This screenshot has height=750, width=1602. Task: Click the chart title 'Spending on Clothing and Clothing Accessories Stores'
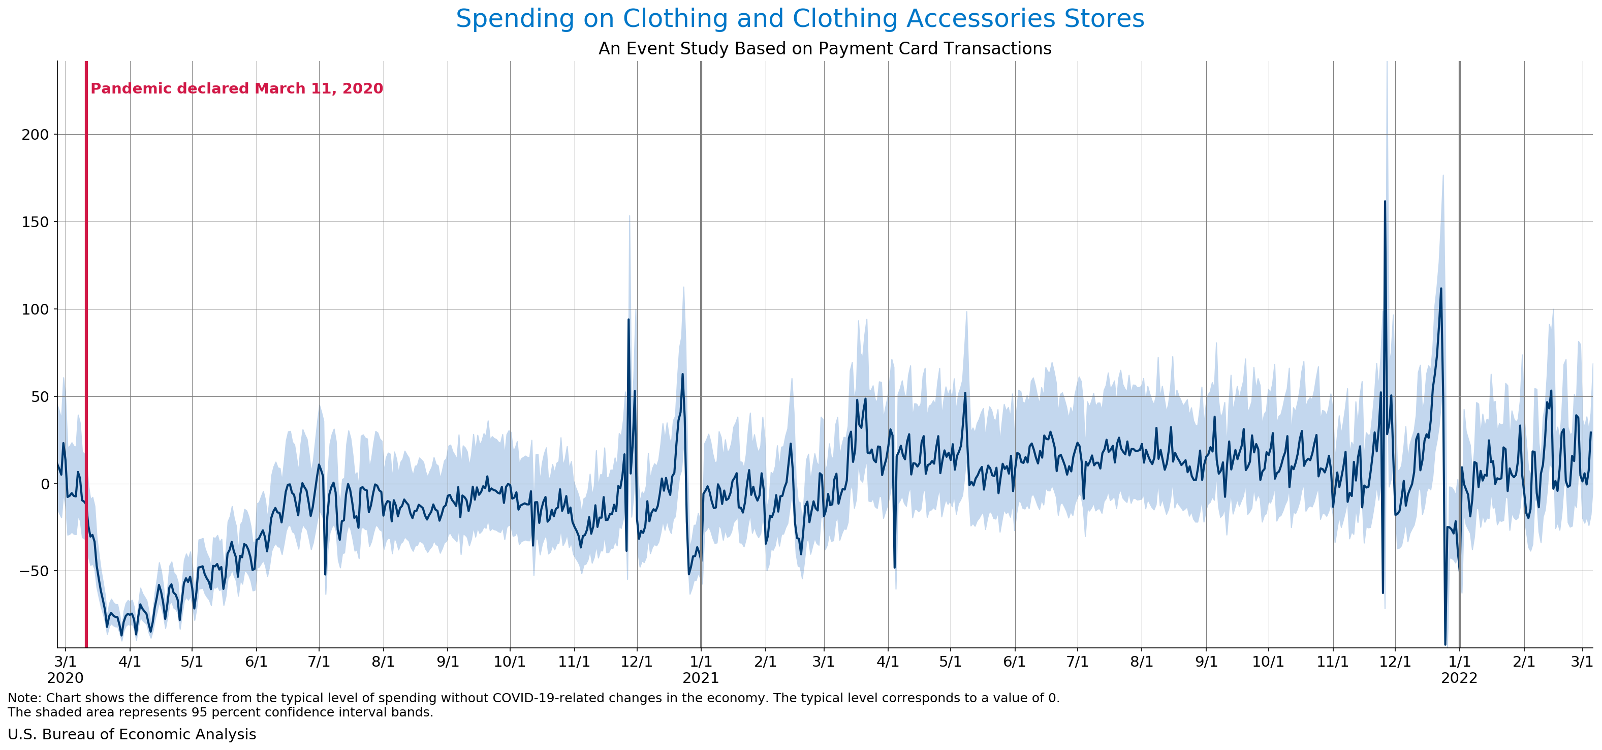(x=800, y=19)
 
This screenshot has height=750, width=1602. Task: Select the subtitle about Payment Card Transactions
(x=825, y=48)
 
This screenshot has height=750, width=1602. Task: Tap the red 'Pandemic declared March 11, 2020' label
(x=236, y=88)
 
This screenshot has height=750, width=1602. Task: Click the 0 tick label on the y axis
(x=44, y=484)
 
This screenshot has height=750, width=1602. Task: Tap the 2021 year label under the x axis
(x=700, y=678)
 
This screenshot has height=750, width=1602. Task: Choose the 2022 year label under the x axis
(x=1459, y=678)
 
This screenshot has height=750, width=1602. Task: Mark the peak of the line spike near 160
(x=1385, y=202)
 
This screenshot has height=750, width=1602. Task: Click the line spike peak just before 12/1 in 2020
(x=628, y=320)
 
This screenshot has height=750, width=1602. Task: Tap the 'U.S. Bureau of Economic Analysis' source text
(x=132, y=734)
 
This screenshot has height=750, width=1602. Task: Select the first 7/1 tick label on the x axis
(x=319, y=662)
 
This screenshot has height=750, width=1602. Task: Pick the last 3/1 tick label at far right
(x=1582, y=662)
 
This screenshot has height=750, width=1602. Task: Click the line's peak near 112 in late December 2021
(x=1440, y=289)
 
